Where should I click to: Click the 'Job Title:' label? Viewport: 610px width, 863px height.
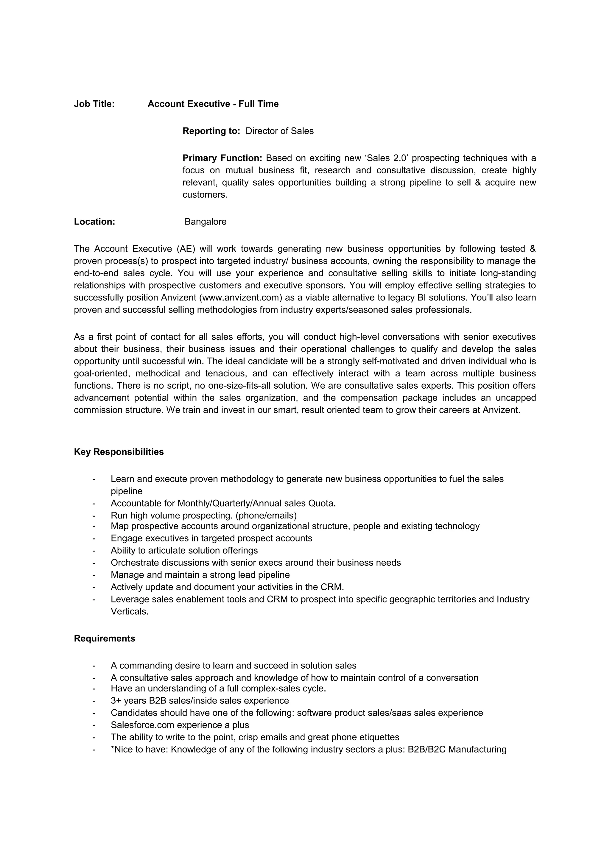[94, 104]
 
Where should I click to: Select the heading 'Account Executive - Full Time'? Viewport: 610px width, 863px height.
[213, 104]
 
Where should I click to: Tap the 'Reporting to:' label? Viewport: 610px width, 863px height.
[211, 131]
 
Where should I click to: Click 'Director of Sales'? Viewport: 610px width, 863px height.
[279, 131]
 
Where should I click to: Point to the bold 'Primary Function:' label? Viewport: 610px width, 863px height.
[222, 158]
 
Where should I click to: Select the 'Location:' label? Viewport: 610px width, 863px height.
[94, 222]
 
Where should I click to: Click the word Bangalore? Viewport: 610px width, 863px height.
[205, 222]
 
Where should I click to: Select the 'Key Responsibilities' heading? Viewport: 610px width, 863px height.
[119, 452]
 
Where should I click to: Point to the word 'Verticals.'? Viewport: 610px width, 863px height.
[130, 612]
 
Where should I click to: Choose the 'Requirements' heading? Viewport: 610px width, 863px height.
[105, 638]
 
